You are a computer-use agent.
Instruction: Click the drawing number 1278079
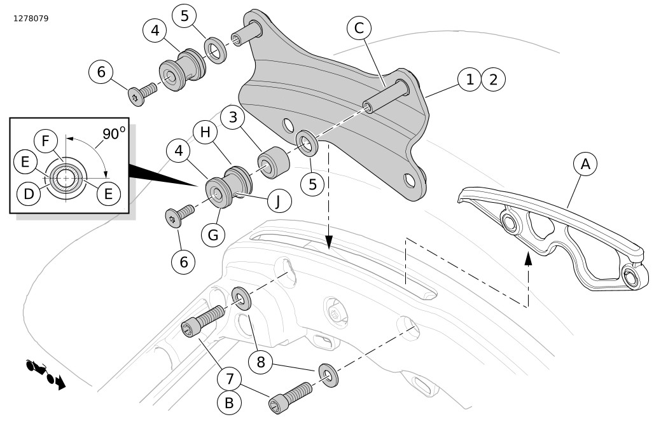pyautogui.click(x=31, y=18)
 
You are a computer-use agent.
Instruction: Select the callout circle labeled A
pyautogui.click(x=585, y=163)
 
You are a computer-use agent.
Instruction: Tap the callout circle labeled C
pyautogui.click(x=359, y=29)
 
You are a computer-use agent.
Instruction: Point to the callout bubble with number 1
pyautogui.click(x=470, y=80)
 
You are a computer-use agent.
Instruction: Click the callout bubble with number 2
pyautogui.click(x=493, y=80)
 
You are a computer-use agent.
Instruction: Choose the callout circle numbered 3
pyautogui.click(x=233, y=118)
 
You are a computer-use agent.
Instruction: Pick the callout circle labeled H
pyautogui.click(x=205, y=132)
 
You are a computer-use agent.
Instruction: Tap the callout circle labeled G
pyautogui.click(x=213, y=235)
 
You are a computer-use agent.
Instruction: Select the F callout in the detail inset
pyautogui.click(x=46, y=141)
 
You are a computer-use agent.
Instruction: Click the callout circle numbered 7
pyautogui.click(x=230, y=380)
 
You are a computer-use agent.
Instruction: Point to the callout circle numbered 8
pyautogui.click(x=260, y=363)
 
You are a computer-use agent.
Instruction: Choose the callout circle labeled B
pyautogui.click(x=230, y=403)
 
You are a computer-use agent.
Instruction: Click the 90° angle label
pyautogui.click(x=114, y=134)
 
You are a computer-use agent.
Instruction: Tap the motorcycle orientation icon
pyautogui.click(x=45, y=374)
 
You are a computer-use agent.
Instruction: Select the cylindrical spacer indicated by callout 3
pyautogui.click(x=274, y=162)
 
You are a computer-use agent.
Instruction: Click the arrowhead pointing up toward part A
pyautogui.click(x=527, y=257)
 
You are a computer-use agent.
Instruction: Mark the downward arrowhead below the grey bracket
pyautogui.click(x=329, y=242)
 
